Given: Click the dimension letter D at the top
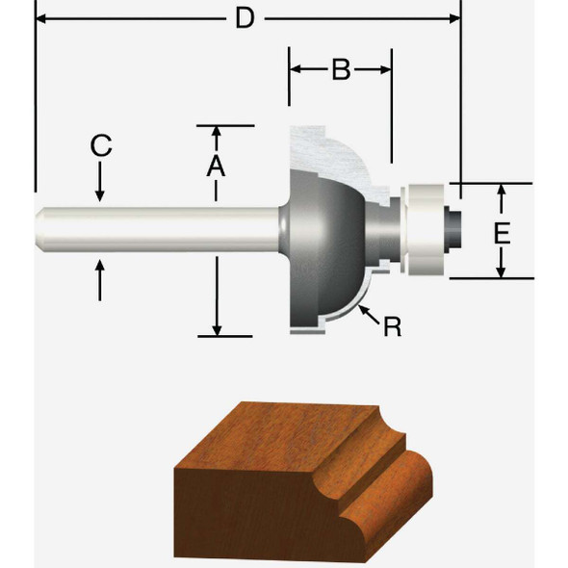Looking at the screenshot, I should tap(246, 17).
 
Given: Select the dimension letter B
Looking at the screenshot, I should tap(340, 70).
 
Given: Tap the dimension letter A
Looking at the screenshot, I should tap(216, 166).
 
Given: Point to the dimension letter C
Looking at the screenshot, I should tap(101, 146).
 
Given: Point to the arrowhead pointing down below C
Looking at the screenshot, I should tap(101, 195).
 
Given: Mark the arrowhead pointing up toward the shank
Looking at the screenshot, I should tap(101, 267).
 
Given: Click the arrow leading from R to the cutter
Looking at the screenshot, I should tap(367, 310).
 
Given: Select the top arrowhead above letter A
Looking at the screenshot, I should tap(216, 132).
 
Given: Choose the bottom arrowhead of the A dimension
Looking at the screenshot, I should tap(218, 329).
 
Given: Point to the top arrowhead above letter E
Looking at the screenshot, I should tap(501, 191).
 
